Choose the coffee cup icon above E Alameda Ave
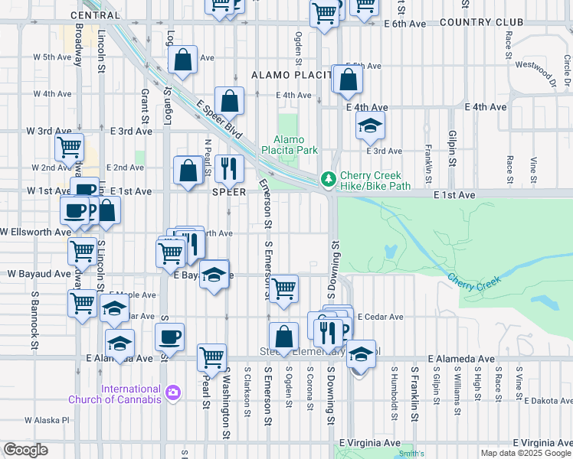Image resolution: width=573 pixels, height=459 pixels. point(169,336)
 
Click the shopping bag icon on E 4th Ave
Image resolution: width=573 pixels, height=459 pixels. point(229,100)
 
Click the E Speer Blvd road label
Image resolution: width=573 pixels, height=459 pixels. point(219,120)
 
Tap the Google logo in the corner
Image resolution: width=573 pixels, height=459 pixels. point(25,450)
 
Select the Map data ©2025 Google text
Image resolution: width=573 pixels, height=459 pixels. point(526,453)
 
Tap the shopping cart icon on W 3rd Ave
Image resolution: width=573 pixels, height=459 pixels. point(69,145)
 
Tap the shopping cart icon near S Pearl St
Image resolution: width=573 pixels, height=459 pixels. point(211,356)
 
